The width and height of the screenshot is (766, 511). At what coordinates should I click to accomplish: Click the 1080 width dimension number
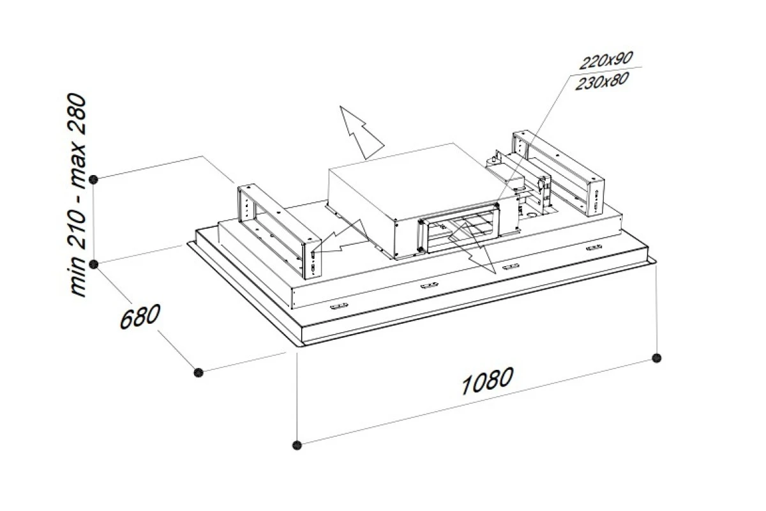(x=487, y=380)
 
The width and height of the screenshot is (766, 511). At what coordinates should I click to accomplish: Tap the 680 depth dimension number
(x=140, y=316)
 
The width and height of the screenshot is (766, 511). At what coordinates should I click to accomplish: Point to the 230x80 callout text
(x=602, y=82)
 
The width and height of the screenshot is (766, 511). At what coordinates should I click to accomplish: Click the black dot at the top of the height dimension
(x=94, y=179)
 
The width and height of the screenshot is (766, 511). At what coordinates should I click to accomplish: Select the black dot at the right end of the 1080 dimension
(x=657, y=358)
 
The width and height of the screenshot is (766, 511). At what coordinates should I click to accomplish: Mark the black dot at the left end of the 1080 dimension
(x=297, y=445)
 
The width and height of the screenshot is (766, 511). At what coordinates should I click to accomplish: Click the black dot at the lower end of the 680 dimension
(x=199, y=372)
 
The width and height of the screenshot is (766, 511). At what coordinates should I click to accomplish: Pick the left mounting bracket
(x=279, y=231)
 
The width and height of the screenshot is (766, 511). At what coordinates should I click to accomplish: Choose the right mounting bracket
(x=558, y=173)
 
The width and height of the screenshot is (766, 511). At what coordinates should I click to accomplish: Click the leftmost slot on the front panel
(x=339, y=305)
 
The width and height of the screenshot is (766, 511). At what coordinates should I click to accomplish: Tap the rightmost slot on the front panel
(x=594, y=247)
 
